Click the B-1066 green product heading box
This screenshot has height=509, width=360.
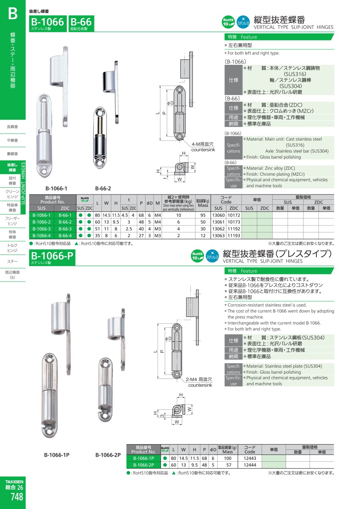48,24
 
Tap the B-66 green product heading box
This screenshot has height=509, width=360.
81,24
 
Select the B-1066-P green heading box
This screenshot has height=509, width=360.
52,257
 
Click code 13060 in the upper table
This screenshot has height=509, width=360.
218,215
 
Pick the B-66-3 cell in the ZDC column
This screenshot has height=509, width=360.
65,229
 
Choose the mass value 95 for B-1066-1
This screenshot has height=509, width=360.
203,215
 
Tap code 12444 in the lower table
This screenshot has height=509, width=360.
250,465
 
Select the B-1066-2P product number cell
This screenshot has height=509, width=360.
143,465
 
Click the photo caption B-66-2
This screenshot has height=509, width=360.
103,188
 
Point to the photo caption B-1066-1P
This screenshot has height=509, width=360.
56,455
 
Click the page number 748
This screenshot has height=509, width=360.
17,497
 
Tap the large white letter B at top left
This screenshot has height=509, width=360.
13,14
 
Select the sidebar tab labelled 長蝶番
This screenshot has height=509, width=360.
12,127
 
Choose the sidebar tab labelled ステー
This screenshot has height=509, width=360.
12,262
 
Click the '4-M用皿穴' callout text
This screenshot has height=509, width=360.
202,144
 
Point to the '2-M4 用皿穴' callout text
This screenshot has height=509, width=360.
199,379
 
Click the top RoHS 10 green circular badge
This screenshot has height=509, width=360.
228,22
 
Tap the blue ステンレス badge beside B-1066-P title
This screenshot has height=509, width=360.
212,256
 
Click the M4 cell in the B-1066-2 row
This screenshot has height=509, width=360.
158,222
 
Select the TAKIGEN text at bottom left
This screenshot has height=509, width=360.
14,481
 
